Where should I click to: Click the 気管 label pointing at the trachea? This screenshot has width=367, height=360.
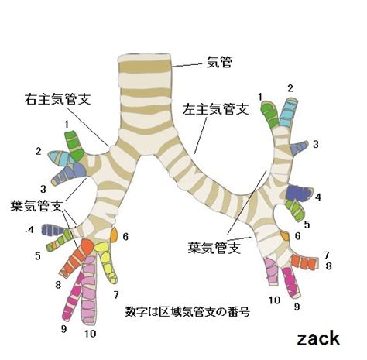click(219, 63)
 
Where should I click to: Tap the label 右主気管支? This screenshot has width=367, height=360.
click(58, 99)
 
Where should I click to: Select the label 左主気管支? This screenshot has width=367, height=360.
click(215, 109)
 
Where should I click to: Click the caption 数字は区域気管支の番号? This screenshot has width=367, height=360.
click(187, 311)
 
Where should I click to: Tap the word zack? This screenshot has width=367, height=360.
click(318, 338)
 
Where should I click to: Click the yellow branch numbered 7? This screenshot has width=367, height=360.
click(106, 262)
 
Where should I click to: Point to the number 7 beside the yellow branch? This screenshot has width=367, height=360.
click(116, 294)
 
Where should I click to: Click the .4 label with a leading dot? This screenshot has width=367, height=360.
click(29, 229)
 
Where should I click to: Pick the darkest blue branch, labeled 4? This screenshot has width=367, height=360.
click(299, 193)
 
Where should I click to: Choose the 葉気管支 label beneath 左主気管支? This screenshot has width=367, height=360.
click(214, 248)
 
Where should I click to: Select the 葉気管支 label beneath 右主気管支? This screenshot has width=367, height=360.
click(36, 206)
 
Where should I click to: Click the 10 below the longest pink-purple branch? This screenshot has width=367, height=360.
click(90, 334)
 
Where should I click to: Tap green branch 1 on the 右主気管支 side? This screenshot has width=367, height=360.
click(74, 146)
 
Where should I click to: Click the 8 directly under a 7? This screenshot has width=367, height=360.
click(328, 266)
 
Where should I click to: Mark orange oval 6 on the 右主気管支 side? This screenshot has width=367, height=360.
click(114, 235)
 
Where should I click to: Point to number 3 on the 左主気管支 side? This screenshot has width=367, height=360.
click(316, 144)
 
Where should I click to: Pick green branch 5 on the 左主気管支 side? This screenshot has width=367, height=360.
click(296, 211)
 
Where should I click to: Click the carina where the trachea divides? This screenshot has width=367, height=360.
click(146, 155)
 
